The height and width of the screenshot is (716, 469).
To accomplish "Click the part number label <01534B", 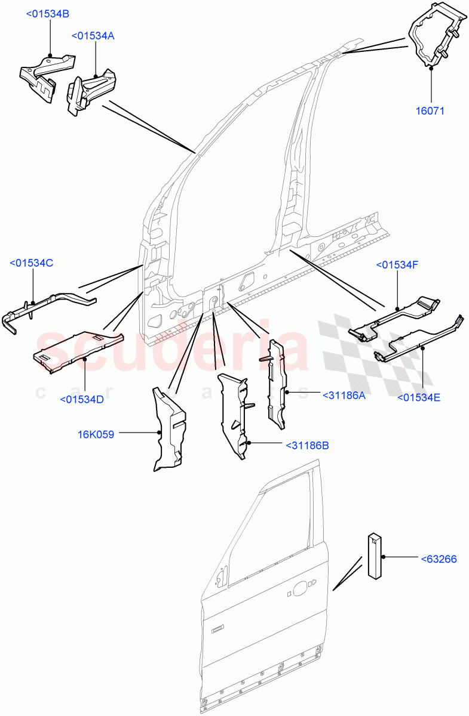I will [47, 14].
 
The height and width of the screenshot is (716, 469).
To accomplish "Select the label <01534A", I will [93, 36].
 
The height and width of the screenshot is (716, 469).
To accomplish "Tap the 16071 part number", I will [430, 110].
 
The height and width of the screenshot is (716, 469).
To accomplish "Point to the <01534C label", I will [32, 263].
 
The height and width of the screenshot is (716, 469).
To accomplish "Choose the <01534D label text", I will [82, 399].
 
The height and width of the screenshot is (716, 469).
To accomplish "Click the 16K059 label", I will [96, 434].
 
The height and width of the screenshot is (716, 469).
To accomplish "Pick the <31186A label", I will [344, 395].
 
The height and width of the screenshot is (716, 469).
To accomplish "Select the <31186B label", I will [307, 445].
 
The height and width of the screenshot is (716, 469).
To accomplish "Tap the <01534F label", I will [397, 265].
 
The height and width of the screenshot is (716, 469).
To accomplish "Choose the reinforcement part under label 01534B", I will [45, 75].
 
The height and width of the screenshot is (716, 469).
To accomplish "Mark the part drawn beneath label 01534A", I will [91, 88].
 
